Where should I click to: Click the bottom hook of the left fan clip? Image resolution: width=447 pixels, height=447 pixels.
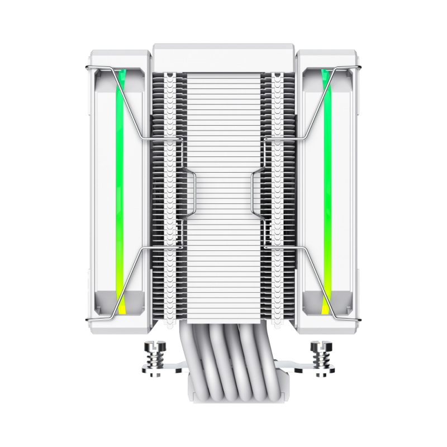89,320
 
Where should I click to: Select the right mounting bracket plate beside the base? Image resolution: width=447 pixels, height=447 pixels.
302,369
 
